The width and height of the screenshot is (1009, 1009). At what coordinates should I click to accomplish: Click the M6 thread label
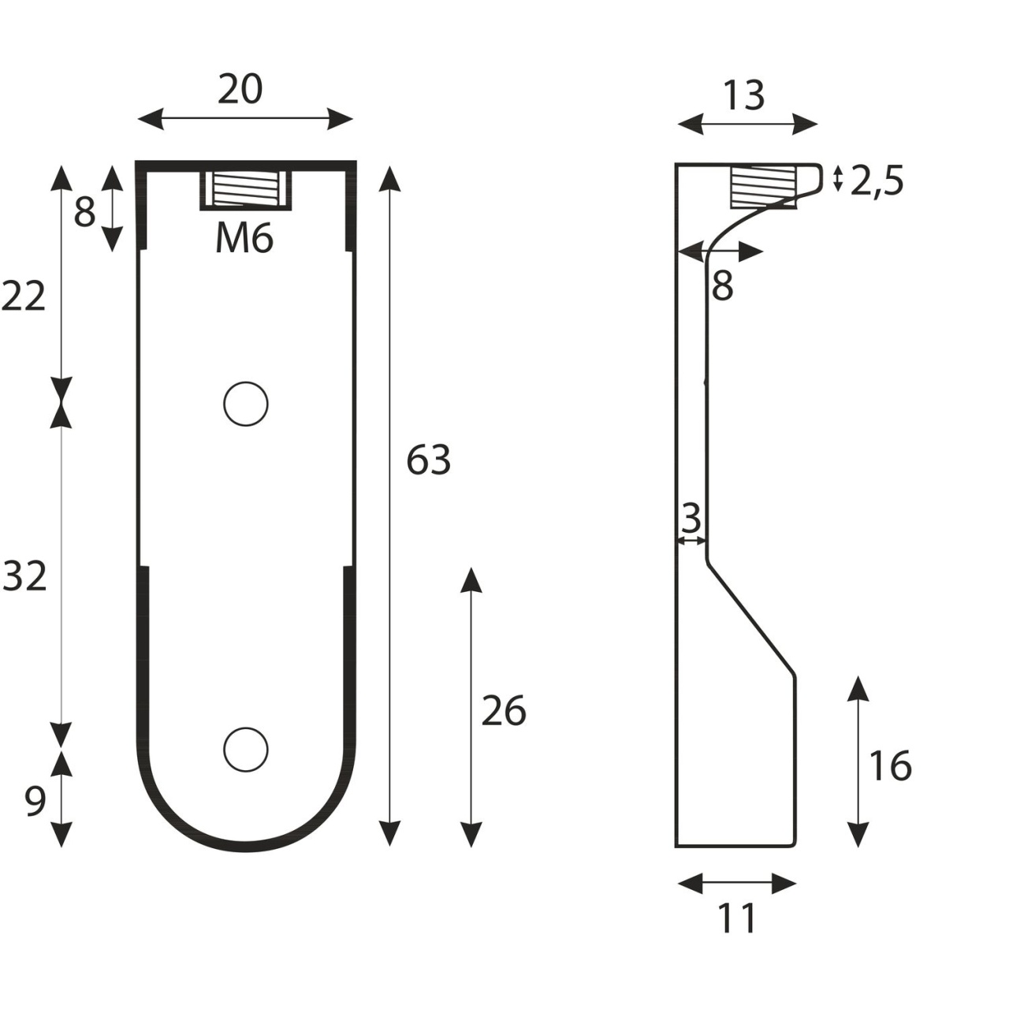244,240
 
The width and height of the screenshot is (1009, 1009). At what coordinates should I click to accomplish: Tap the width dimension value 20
240,89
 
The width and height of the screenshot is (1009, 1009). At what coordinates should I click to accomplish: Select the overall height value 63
428,460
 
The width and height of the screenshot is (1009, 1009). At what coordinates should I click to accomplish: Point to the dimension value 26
503,710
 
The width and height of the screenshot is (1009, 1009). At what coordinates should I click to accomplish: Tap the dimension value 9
35,802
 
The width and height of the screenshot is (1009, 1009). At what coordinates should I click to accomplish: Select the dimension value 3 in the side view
691,519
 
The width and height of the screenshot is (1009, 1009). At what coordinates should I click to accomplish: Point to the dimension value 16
890,765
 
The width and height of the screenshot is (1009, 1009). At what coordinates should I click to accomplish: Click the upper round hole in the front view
246,404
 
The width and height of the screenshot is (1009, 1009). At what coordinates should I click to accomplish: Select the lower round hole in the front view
246,750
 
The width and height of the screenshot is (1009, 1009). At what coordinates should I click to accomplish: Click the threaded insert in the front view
246,190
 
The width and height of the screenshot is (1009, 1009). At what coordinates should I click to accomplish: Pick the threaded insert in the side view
763,186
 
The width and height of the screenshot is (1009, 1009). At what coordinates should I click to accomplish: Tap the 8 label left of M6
84,213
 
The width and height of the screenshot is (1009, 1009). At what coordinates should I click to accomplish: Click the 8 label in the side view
722,286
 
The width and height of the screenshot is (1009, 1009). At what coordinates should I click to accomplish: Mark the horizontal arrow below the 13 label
747,125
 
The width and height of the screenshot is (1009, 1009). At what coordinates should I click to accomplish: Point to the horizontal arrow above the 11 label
737,884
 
